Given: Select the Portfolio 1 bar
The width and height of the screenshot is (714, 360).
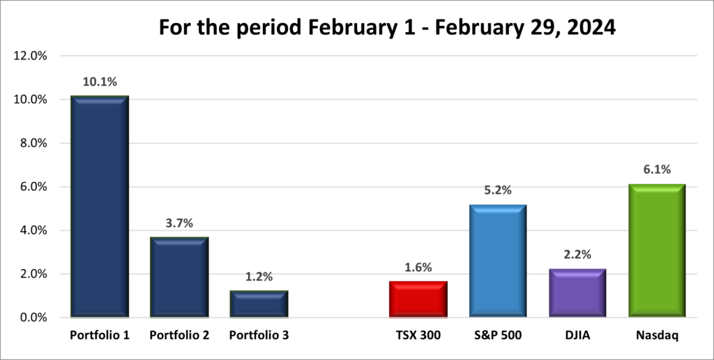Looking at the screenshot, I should click(x=100, y=207).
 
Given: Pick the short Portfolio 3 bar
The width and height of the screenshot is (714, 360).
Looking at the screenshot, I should click(x=258, y=304).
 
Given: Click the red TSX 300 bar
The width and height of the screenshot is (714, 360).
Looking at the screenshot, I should click(x=418, y=299).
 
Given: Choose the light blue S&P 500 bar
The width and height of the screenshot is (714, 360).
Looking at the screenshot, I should click(x=497, y=261).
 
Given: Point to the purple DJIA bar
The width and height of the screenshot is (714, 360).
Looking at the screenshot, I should click(x=577, y=293).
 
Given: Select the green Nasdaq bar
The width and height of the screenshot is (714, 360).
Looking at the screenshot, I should click(x=656, y=251).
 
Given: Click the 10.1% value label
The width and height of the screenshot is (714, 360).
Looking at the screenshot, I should click(x=100, y=82).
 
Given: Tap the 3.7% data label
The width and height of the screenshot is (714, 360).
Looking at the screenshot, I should click(x=179, y=223).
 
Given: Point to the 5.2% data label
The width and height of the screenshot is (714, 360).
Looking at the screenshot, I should click(x=497, y=190).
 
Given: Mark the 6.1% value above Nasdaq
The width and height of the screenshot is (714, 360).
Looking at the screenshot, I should click(x=656, y=170).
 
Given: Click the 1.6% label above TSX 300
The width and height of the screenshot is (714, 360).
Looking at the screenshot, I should click(x=418, y=267).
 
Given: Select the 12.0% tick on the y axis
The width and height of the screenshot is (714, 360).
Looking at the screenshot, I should click(x=30, y=56).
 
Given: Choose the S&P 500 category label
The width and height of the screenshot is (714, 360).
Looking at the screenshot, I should click(x=497, y=336).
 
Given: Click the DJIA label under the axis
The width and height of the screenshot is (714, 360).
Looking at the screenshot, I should click(x=577, y=336).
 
